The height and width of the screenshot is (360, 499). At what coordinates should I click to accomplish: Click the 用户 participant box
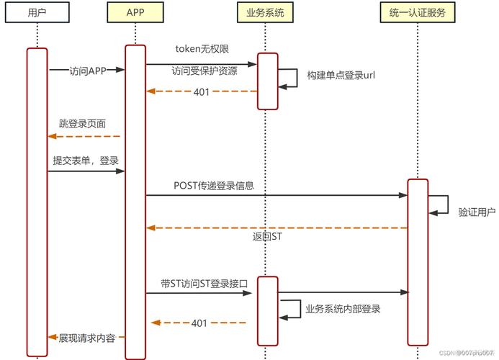[37, 13]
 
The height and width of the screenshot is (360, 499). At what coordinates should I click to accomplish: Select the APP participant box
[135, 13]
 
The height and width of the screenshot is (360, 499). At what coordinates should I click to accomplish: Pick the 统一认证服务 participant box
[418, 13]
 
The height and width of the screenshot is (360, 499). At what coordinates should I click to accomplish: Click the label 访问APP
[88, 71]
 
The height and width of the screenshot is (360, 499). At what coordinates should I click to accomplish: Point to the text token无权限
[202, 49]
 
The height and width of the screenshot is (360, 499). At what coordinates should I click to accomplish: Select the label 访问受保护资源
[204, 71]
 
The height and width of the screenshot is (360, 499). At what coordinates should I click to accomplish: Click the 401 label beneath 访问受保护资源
[202, 91]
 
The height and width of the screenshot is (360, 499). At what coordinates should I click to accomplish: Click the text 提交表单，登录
[86, 160]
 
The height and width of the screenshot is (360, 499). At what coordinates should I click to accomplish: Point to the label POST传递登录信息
[214, 185]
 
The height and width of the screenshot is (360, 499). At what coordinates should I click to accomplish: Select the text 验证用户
[476, 212]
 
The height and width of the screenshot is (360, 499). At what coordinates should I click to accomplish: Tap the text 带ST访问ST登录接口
[205, 284]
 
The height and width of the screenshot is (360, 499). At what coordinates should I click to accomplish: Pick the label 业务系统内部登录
[343, 309]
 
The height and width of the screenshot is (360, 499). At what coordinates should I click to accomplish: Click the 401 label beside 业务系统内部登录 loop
[199, 323]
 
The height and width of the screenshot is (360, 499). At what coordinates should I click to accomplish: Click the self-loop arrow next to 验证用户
[440, 204]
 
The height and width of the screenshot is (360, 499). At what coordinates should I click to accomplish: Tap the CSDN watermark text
[465, 353]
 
